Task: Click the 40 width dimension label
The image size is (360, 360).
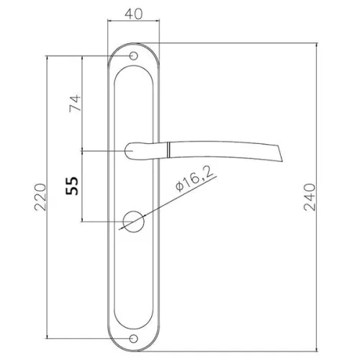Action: point(133,14)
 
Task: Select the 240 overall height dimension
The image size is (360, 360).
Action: point(310,197)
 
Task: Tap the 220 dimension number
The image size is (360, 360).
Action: point(40,197)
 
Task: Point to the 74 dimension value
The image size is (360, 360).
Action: point(75,104)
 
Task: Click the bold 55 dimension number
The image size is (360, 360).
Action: point(72,186)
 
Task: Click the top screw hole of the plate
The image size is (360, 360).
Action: point(133,56)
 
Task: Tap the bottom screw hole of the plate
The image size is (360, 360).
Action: point(133,338)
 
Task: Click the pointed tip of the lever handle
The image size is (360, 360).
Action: point(282,161)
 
